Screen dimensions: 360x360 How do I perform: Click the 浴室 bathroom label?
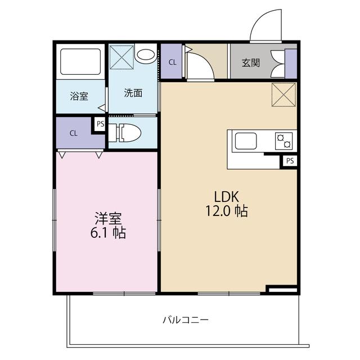click(x=79, y=96)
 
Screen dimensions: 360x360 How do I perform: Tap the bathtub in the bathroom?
click(x=80, y=61)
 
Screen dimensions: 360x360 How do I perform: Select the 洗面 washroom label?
click(x=133, y=93)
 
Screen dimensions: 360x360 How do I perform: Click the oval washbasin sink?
click(x=146, y=55)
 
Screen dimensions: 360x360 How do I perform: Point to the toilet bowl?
click(x=129, y=133)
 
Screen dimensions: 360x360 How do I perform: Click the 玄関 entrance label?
click(x=251, y=62)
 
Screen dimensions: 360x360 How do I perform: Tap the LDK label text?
click(x=226, y=197)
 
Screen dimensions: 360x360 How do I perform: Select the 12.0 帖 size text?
click(x=226, y=211)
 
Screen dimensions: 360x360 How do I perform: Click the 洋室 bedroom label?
click(x=108, y=218)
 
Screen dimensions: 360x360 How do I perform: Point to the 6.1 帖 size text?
click(x=108, y=232)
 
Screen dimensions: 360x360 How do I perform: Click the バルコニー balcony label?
click(x=186, y=320)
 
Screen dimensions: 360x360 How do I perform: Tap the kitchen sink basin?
click(x=245, y=141)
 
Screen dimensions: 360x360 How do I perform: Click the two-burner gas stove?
click(x=283, y=141)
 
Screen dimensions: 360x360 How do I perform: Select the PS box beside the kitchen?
click(x=290, y=161)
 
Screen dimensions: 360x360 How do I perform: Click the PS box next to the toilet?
click(x=100, y=124)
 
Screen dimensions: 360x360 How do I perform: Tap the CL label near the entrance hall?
click(x=173, y=62)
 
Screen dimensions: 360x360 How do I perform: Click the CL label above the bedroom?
click(x=74, y=133)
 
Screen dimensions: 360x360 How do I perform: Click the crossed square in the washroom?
click(x=121, y=57)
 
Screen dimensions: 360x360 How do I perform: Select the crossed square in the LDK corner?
click(x=283, y=94)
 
